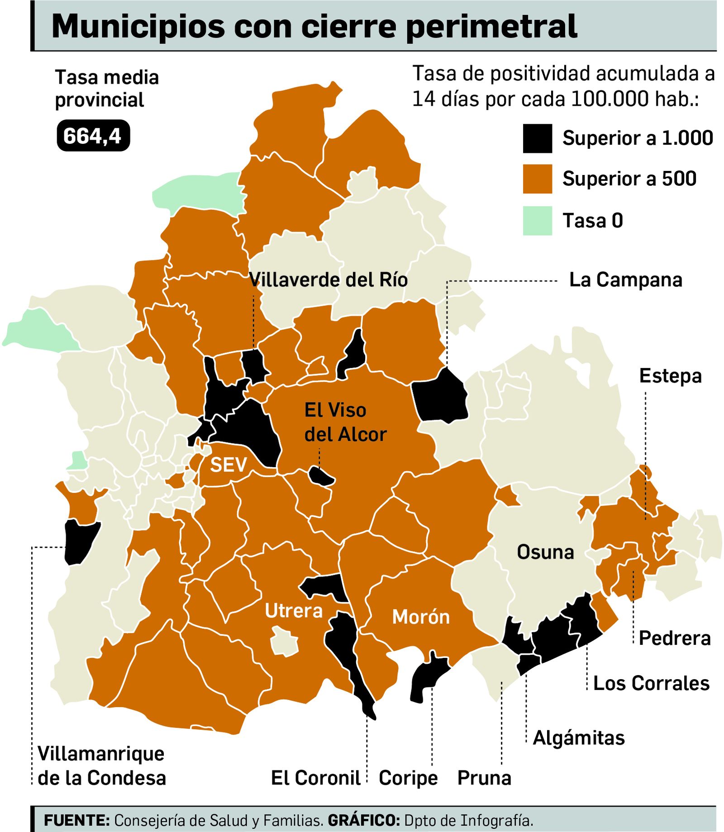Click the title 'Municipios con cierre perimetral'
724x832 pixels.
314,26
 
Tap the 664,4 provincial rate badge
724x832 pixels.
93,136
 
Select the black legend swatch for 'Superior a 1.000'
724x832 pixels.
537,138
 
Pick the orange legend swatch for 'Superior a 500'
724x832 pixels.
537,179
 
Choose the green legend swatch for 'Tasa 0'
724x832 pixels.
537,221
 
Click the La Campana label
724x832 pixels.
625,280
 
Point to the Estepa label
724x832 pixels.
670,376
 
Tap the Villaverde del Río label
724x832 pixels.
329,280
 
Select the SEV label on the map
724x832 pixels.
229,465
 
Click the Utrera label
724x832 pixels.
294,611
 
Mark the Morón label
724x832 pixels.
421,617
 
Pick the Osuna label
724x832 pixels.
545,552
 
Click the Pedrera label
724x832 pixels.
674,638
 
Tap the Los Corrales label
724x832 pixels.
651,683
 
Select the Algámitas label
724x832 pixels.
579,738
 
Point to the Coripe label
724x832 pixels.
408,778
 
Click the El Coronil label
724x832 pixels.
315,778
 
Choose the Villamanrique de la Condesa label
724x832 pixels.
102,766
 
